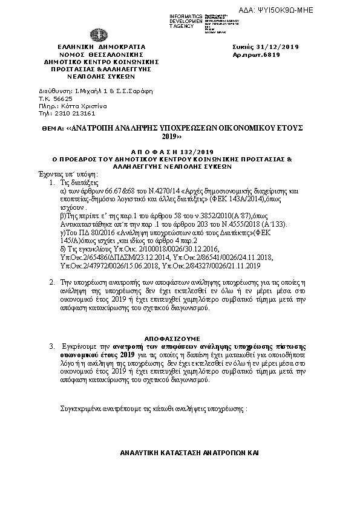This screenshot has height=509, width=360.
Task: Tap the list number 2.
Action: click(x=52, y=282)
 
